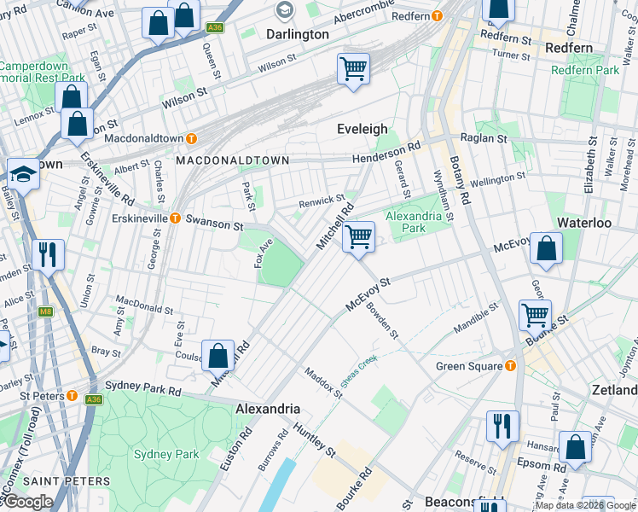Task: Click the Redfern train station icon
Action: pos(437,16)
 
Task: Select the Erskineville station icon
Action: pos(175,218)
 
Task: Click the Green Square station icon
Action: pos(510,366)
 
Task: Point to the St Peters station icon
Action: pos(72,397)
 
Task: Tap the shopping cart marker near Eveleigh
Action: pos(353,68)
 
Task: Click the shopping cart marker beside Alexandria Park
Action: pos(359,236)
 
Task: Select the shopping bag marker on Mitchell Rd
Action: pos(218,354)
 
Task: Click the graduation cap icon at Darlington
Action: pos(284,10)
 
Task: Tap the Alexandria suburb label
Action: pos(266,409)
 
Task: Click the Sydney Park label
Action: pos(166,454)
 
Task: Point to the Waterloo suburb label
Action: pos(584,222)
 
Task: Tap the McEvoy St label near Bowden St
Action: pos(367,294)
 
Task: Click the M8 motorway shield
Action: pos(44,313)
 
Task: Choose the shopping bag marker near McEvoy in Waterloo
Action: pos(546,248)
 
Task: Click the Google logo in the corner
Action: pos(28,502)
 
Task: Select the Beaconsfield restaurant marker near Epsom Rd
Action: pos(502,425)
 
